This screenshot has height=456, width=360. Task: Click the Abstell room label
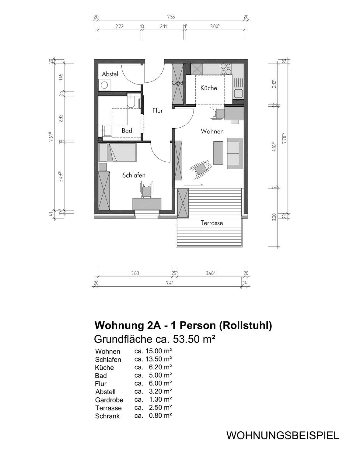pyautogui.click(x=110, y=74)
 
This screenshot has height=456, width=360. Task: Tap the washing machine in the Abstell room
pyautogui.click(x=104, y=85)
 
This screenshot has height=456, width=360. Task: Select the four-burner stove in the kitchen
pyautogui.click(x=226, y=69)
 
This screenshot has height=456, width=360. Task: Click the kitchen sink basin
pyautogui.click(x=239, y=93)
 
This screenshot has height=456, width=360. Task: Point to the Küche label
pyautogui.click(x=209, y=88)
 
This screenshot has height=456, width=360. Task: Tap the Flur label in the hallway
pyautogui.click(x=158, y=110)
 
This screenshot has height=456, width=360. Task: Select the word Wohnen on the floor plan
pyautogui.click(x=212, y=131)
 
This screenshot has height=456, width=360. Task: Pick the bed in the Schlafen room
pyautogui.click(x=118, y=153)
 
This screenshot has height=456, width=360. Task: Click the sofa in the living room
pyautogui.click(x=235, y=153)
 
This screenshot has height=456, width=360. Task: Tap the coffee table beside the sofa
pyautogui.click(x=218, y=153)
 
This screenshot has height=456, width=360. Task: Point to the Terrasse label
pyautogui.click(x=212, y=223)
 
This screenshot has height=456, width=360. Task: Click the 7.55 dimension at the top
pyautogui.click(x=171, y=17)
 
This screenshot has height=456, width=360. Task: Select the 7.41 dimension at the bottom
pyautogui.click(x=170, y=283)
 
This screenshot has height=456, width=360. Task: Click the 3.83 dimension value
pyautogui.click(x=135, y=273)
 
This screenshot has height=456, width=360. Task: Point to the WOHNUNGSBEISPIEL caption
pyautogui.click(x=283, y=436)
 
